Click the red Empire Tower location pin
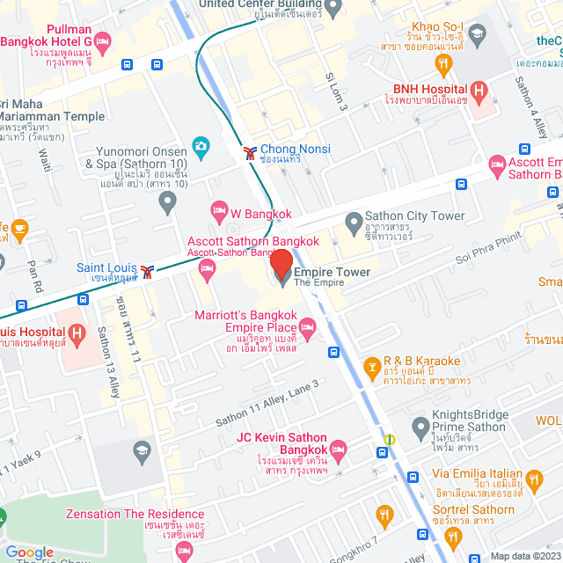click(x=281, y=265)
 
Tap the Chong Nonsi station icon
click(x=252, y=152)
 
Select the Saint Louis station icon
click(x=150, y=270)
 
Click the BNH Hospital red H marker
click(x=479, y=89)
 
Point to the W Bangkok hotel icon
click(x=218, y=211)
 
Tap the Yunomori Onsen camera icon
click(x=201, y=146)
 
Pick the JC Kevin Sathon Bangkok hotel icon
click(x=339, y=450)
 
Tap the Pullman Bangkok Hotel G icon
click(x=103, y=40)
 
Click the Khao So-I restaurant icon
click(x=443, y=63)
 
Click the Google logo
click(x=30, y=552)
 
